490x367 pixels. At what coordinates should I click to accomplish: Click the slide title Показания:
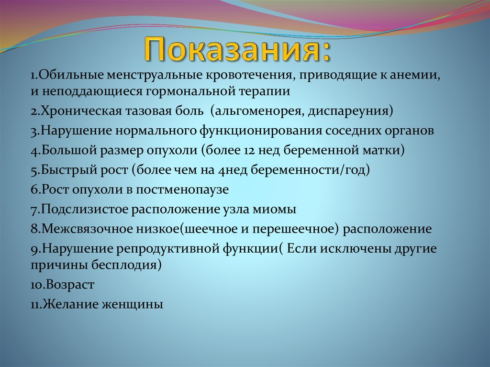pos(238,49)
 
